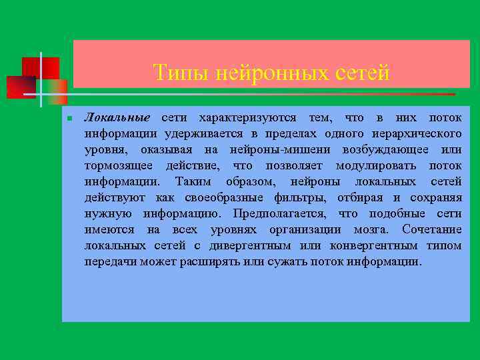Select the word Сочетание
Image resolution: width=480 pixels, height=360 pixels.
pos(432,230)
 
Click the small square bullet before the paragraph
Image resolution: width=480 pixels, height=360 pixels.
pos(69,119)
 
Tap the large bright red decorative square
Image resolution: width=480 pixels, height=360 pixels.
pos(40,68)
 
